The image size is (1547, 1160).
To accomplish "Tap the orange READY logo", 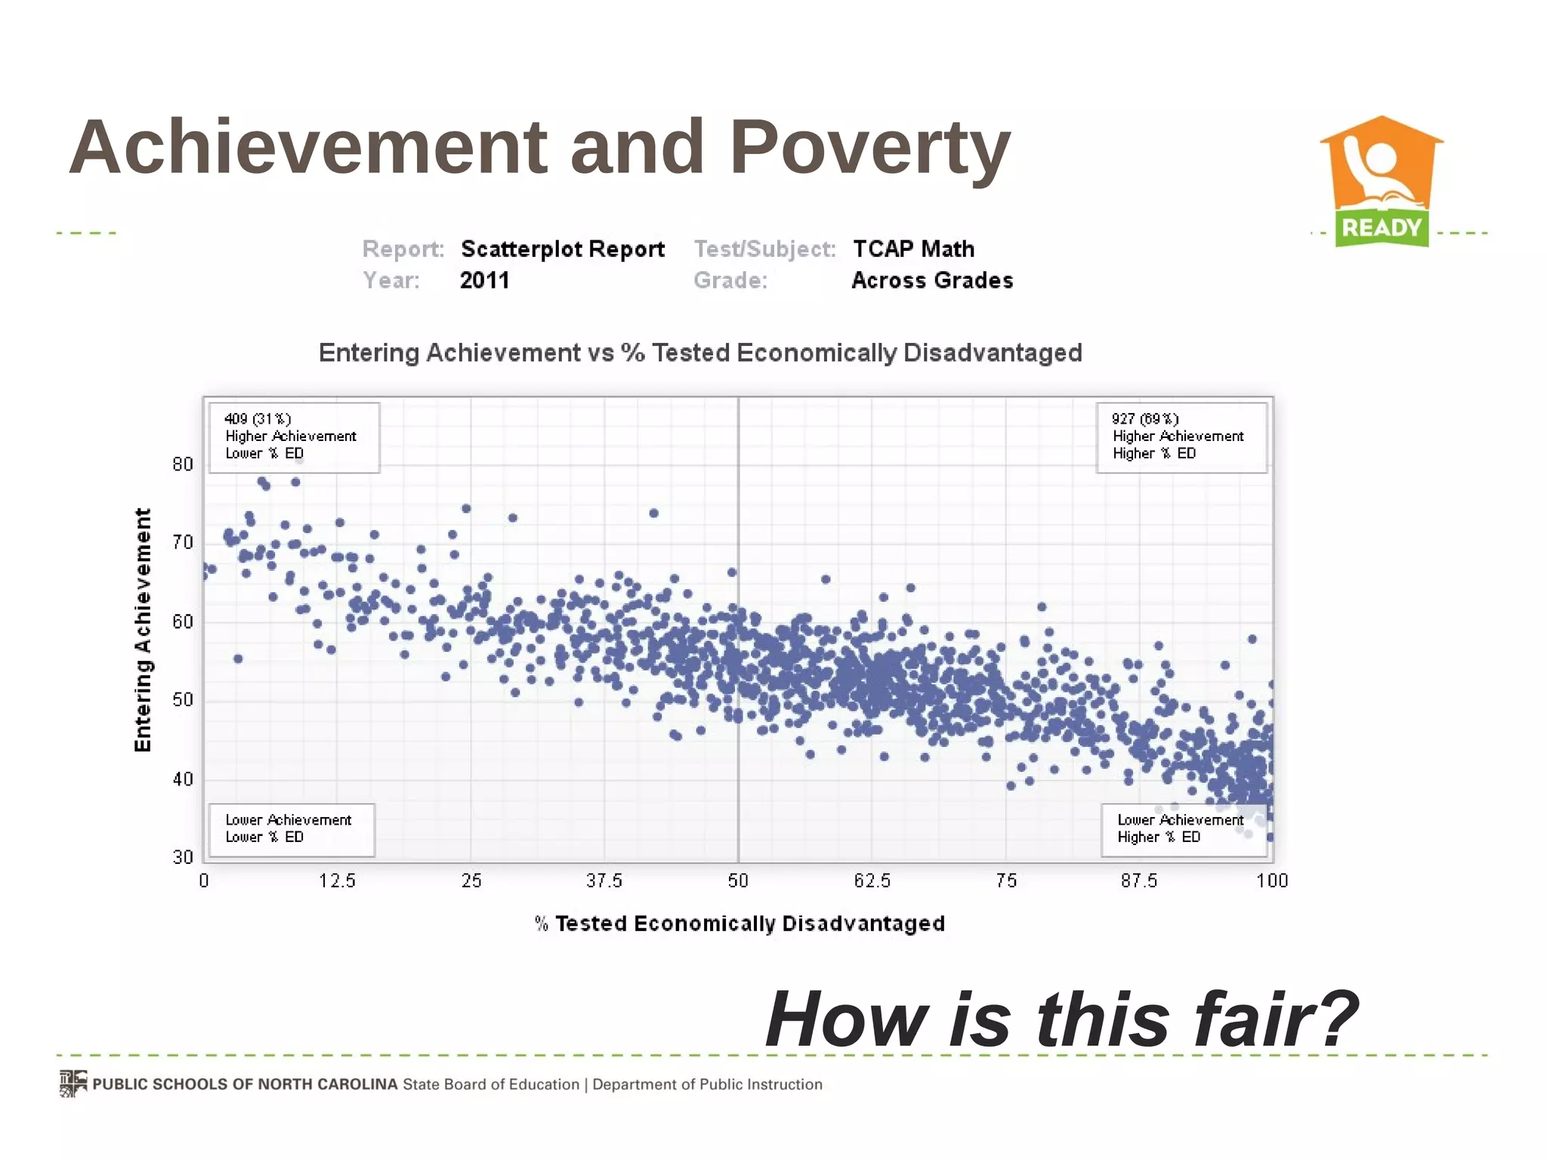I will (1381, 181).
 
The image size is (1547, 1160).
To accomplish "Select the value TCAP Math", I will (913, 248).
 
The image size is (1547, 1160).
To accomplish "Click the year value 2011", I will (484, 280).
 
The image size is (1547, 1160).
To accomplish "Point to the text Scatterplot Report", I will (563, 248).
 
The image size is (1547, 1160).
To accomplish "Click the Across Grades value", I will (932, 280).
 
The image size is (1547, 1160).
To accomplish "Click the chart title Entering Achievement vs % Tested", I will (699, 353).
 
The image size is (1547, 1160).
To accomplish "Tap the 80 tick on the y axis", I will (183, 464).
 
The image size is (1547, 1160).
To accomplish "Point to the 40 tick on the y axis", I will (183, 779).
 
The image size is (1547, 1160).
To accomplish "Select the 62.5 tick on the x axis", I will (872, 881).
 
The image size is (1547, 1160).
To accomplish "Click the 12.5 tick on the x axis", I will (337, 881).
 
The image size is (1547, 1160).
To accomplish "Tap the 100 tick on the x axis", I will (1272, 881).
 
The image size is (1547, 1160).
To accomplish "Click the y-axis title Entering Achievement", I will (143, 629).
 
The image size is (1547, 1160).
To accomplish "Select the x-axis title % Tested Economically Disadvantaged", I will (740, 924).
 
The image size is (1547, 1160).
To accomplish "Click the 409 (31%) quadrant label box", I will (294, 437).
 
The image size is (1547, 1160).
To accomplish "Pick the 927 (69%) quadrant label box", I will (1181, 437).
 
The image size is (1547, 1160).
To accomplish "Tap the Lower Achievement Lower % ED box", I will (292, 829).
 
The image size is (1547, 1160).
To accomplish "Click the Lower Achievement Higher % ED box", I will (1183, 829).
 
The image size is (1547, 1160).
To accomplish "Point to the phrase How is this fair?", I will (1061, 1020).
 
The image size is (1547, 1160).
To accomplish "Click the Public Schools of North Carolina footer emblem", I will (73, 1083).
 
